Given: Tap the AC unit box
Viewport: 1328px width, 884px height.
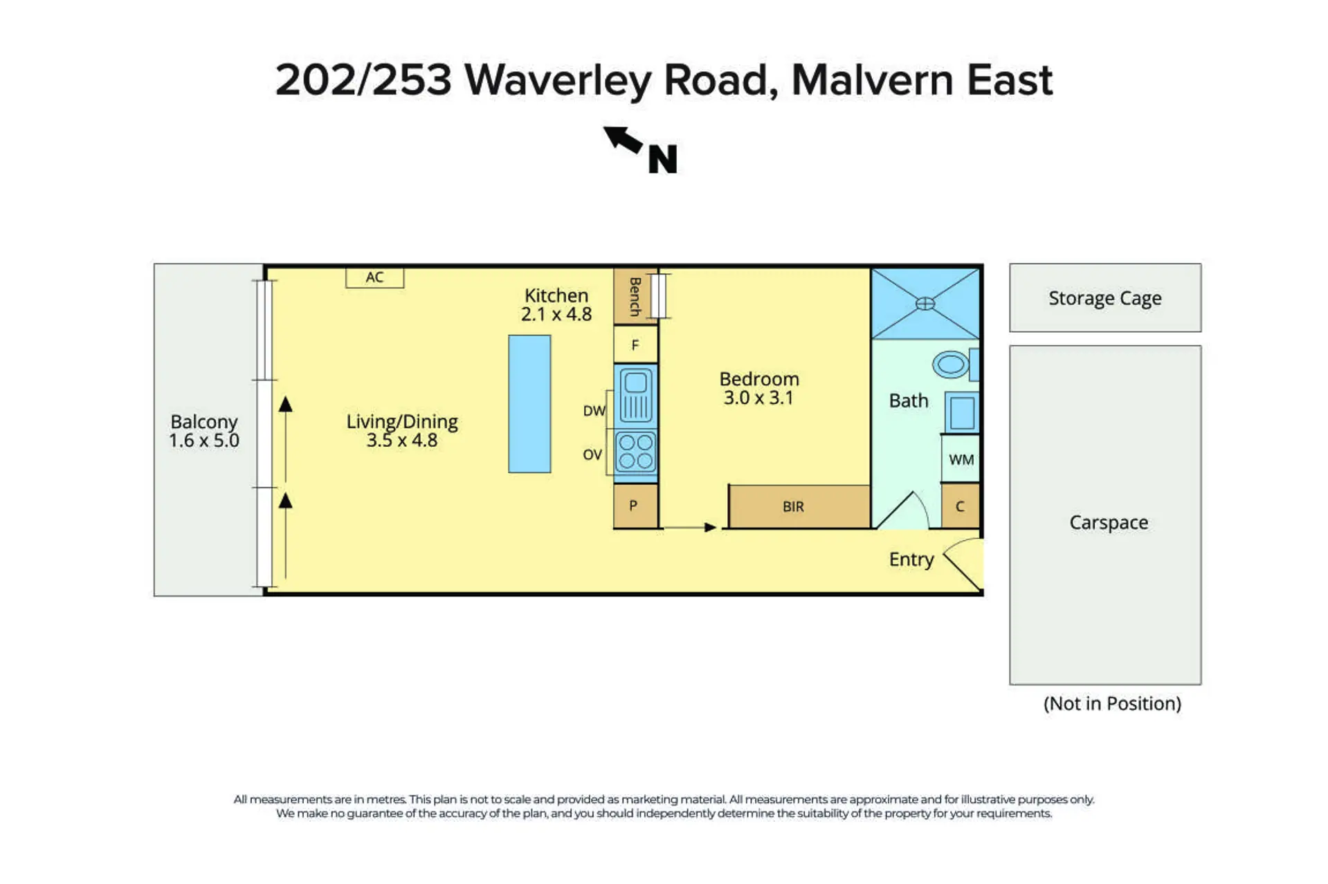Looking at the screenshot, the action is pos(374,277).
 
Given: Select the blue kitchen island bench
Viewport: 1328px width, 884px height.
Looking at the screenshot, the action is pos(529,404).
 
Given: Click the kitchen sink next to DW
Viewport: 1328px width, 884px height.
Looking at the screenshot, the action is pos(635,396).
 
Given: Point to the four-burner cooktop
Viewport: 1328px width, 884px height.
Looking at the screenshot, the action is pos(635,451).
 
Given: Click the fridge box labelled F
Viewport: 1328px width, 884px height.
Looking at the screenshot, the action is pos(635,344).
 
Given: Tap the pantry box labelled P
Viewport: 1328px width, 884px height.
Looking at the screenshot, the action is pos(635,506).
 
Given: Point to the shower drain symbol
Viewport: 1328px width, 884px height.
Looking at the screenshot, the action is pos(925,303).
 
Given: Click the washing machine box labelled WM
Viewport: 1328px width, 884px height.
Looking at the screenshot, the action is pos(961,459).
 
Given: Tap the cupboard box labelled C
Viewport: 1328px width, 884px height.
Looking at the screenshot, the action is pos(961,506).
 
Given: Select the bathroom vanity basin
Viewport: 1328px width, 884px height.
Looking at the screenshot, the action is pos(962,413).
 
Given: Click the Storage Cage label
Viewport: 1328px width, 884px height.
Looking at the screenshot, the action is pos(1104,298).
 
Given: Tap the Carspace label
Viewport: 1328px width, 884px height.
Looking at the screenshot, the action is pos(1109,522).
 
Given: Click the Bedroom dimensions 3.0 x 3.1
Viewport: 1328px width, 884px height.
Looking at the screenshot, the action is pos(758,398).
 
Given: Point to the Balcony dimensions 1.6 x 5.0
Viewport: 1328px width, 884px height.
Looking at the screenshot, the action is pos(204,441).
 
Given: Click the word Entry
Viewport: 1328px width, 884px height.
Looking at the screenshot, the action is pos(911,560).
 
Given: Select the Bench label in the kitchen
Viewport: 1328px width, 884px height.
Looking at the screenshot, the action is pos(635,297).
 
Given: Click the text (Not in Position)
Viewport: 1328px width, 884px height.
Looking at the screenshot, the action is pos(1112,703).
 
